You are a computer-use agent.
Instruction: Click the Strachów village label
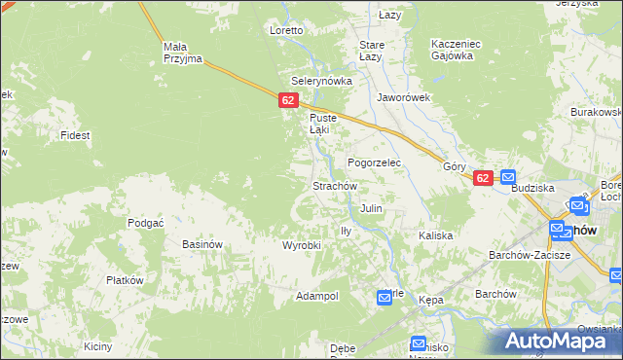(336, 186)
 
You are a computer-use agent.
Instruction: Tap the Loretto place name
(287, 30)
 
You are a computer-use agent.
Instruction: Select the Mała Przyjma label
(182, 53)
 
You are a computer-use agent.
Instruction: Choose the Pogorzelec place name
(375, 162)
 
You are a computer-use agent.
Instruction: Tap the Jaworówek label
(404, 98)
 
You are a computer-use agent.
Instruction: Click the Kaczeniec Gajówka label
(452, 50)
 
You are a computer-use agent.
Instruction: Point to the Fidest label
(75, 135)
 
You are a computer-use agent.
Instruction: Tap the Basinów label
(203, 244)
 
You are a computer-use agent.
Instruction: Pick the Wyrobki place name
(302, 245)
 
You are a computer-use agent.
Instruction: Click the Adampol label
(317, 295)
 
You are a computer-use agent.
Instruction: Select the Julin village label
(371, 208)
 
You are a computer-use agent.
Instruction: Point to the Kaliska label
(435, 235)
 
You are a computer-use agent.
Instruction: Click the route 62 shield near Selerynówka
(287, 100)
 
